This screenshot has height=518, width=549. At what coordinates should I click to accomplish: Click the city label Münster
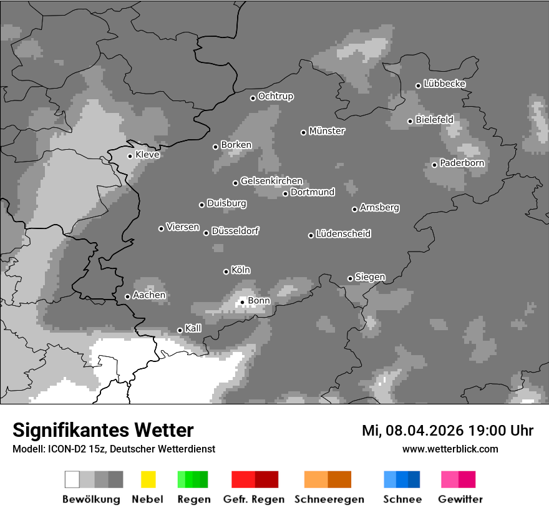click(327, 131)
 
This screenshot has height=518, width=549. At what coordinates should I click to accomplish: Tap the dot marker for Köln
click(226, 271)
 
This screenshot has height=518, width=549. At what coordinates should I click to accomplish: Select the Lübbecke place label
click(444, 84)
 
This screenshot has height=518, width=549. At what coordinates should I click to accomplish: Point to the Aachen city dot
click(127, 296)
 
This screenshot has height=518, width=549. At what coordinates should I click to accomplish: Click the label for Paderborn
click(462, 163)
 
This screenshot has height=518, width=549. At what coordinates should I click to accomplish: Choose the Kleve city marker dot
click(130, 156)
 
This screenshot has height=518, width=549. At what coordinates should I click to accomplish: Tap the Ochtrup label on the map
click(275, 96)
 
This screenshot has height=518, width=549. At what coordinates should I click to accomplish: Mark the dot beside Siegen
click(350, 278)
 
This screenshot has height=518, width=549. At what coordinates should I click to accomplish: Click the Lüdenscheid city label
click(343, 234)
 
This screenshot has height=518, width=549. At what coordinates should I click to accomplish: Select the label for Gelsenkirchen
click(271, 181)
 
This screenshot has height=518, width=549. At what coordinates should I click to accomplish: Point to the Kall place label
click(193, 328)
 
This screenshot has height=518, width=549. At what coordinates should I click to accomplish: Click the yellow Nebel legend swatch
click(148, 479)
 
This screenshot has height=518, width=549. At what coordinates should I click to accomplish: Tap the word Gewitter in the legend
click(460, 499)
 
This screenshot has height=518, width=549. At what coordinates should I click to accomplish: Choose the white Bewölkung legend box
click(72, 479)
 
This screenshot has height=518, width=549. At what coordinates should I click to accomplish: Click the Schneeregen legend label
click(329, 499)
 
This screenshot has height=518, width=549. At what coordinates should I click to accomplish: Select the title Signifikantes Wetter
click(103, 430)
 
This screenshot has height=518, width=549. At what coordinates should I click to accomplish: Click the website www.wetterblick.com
click(450, 449)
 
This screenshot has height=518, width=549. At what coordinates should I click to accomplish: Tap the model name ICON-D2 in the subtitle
click(64, 449)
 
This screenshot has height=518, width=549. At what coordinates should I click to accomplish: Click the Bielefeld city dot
click(410, 121)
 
